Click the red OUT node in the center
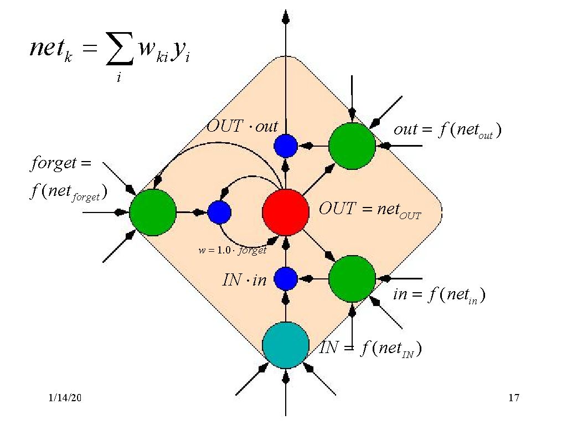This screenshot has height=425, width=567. click(286, 212)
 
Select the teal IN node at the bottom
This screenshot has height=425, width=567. click(286, 345)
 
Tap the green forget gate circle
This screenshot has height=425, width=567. click(153, 212)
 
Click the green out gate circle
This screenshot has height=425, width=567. click(352, 146)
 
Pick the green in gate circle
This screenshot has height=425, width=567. click(352, 278)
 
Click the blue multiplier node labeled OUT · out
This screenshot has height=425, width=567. click(286, 146)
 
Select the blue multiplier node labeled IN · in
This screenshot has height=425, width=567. click(286, 278)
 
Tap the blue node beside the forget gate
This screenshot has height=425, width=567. click(219, 212)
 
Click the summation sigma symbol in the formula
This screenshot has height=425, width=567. click(118, 53)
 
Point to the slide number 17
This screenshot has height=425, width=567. click(513, 398)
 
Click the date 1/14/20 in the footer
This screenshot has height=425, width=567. click(65, 398)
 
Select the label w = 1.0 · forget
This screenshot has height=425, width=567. click(233, 250)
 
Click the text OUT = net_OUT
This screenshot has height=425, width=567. click(370, 210)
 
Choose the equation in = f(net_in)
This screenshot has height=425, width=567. click(439, 295)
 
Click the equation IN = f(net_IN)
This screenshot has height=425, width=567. click(372, 349)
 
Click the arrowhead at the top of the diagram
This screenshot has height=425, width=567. click(286, 17)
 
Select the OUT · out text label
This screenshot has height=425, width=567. click(242, 126)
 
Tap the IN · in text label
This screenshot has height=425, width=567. click(244, 281)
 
